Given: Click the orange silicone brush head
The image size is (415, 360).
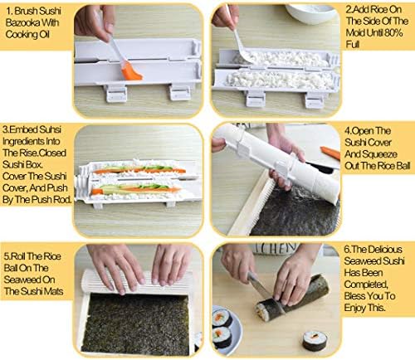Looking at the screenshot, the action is point(132,71).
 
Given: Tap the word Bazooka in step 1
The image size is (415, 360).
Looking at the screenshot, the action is point(23,22).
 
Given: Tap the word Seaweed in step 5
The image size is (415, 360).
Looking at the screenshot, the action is point(29,280).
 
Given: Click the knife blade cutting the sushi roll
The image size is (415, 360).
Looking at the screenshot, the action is point(259,285).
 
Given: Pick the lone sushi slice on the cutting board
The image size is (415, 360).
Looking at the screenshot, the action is point(315,341).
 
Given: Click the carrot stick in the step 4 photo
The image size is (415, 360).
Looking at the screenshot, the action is point(330,153).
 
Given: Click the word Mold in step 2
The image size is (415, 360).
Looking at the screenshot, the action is point(354,33).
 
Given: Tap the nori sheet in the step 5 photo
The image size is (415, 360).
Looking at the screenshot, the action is point(135,324).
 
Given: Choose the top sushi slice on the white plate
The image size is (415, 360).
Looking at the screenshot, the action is point(222,318).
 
